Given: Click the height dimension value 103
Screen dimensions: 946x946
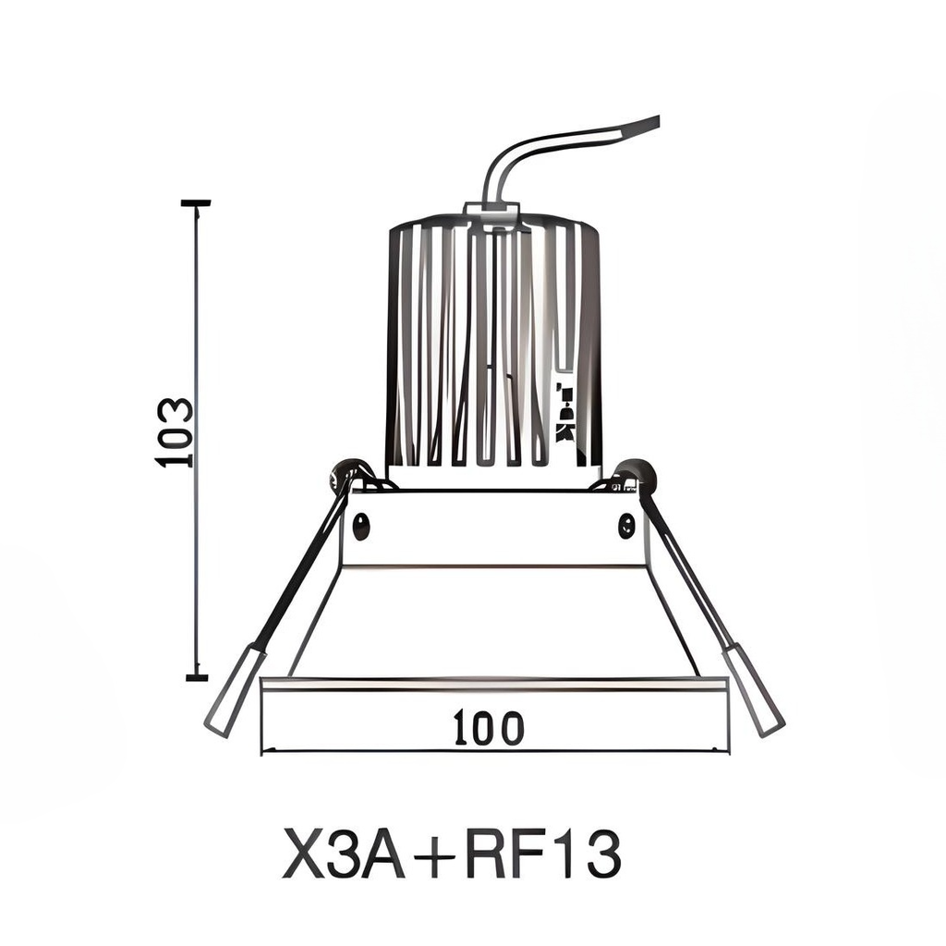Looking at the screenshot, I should [175, 431].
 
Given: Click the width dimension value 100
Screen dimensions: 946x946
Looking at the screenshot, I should [489, 729].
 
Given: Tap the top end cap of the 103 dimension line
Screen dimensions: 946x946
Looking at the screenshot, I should [196, 202].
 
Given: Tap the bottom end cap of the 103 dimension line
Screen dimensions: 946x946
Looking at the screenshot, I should [196, 677].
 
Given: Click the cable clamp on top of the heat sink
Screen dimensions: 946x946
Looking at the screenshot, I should [492, 214].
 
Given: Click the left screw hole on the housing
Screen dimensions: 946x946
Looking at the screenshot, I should [361, 525].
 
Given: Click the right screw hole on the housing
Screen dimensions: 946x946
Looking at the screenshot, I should [626, 525].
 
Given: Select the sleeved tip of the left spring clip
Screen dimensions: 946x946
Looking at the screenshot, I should [235, 691].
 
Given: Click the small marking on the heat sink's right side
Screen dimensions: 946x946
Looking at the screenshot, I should [564, 411].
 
